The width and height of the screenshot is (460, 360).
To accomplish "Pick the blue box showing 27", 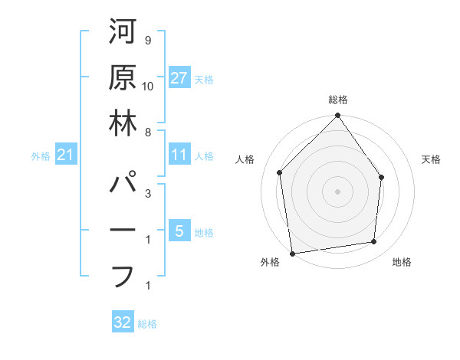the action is (179, 78).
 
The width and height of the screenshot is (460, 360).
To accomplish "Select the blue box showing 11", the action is (179, 155).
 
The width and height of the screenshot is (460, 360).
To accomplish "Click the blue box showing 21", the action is (66, 155).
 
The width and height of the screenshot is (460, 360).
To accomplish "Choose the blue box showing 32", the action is (123, 322).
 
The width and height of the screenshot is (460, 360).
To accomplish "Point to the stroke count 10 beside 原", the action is (149, 85).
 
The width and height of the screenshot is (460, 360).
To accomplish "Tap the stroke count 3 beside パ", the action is (147, 194).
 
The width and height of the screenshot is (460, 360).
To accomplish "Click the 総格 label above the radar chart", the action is (338, 100).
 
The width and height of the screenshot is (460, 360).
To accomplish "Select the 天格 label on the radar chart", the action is (431, 159).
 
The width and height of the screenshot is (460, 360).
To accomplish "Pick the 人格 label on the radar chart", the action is (245, 159).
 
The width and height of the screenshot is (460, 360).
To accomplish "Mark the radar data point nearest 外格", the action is (292, 253).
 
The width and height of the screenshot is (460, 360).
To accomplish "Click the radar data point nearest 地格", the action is (374, 242).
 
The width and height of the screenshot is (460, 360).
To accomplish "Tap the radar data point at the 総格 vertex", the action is (338, 116).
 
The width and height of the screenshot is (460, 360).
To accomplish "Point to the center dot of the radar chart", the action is (338, 191).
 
